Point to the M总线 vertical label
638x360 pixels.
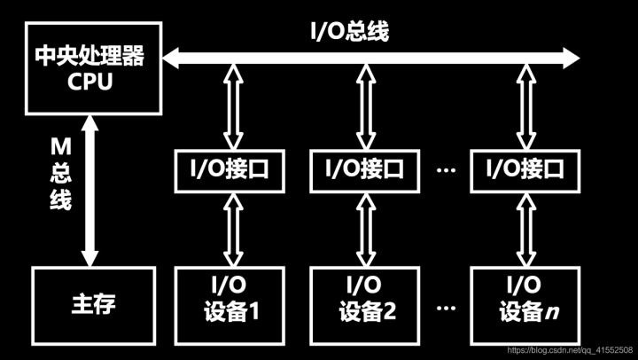click(x=59, y=173)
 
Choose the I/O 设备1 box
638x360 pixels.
click(x=230, y=300)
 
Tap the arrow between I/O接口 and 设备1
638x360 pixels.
click(x=232, y=228)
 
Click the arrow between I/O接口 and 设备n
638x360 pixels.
click(x=522, y=228)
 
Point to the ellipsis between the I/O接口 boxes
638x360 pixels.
click(x=447, y=168)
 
